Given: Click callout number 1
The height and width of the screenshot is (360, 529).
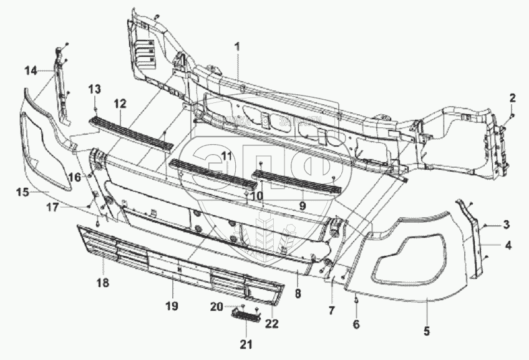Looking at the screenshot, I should [237, 46].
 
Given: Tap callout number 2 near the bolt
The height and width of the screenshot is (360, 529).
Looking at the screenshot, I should [513, 97].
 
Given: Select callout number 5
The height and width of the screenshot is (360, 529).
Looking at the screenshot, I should [427, 332].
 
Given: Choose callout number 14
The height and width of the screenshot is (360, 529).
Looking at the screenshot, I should [31, 71].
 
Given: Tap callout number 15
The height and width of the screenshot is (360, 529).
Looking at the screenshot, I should [22, 192].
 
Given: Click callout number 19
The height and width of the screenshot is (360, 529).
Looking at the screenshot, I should [172, 306].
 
